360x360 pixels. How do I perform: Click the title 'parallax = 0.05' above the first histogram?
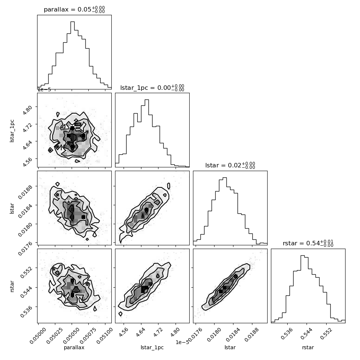point(74,9)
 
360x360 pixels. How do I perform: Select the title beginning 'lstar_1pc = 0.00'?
point(152,88)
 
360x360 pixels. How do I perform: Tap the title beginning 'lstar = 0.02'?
point(230,165)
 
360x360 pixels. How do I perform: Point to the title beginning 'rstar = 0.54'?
point(308,243)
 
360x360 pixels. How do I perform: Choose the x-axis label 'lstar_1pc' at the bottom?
point(152,348)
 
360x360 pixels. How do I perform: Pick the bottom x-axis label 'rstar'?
point(308,348)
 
